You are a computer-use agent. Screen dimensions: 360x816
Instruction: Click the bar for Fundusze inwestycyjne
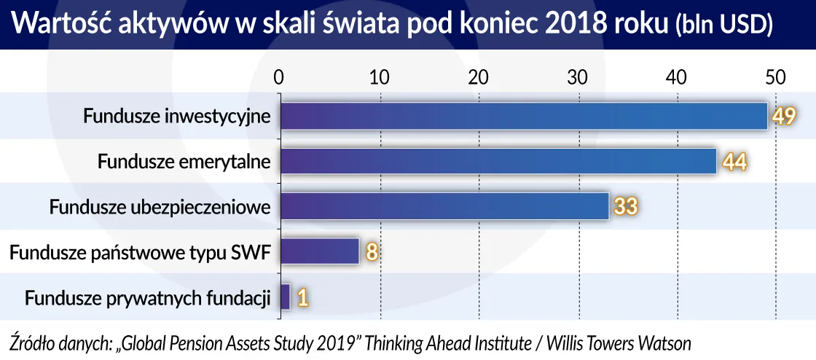click(523, 116)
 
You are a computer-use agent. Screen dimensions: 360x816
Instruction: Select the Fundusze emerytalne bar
click(498, 162)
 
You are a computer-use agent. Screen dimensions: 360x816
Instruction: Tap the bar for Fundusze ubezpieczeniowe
click(444, 207)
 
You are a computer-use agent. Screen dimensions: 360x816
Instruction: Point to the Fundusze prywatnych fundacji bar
click(285, 297)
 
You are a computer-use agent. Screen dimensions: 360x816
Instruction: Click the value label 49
click(783, 117)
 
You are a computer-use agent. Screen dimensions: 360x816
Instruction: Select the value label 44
click(734, 162)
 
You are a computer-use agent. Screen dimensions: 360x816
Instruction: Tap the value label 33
click(624, 207)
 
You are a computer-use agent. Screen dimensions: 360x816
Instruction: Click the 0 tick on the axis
click(278, 77)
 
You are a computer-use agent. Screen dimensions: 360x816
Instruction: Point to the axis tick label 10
click(378, 77)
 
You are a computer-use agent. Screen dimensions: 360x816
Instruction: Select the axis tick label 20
click(478, 77)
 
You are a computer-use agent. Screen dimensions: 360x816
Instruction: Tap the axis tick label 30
click(578, 77)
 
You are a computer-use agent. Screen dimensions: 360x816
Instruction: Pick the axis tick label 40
click(678, 77)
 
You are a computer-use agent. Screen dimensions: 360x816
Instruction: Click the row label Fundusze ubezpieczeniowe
click(160, 207)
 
